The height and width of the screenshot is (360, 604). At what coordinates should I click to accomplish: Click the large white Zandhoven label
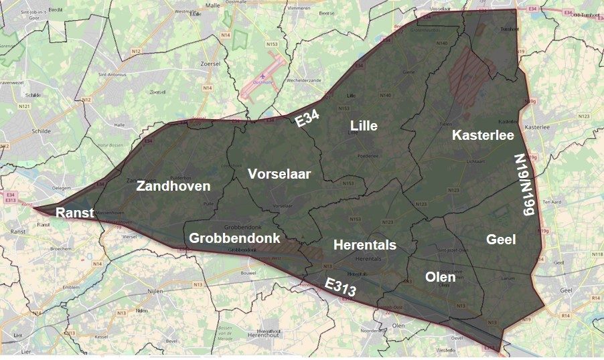pos(173,186)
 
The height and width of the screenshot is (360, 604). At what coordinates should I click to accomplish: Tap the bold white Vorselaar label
pos(279,174)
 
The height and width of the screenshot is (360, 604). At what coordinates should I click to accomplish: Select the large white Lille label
pos(364,126)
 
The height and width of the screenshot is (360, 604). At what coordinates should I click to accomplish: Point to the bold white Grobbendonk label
pos(234,238)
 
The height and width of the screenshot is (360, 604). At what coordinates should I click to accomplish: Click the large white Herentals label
pos(364,245)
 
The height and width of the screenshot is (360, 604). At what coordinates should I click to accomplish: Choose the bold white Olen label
pos(441,276)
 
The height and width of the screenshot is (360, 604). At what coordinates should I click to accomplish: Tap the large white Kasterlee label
pos(483,135)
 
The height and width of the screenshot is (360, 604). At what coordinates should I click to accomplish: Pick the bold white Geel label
pos(501,239)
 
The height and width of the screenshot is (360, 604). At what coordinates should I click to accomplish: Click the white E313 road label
pos(340,287)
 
